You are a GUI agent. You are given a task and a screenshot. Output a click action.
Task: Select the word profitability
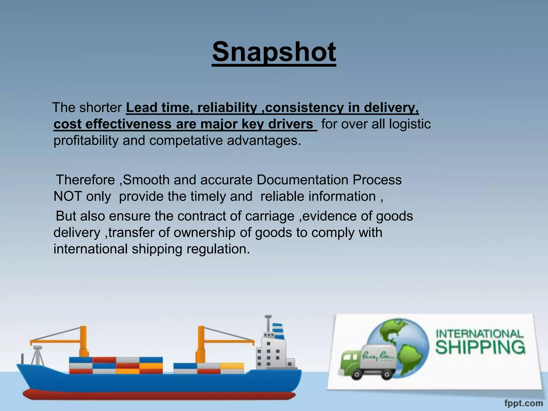86,140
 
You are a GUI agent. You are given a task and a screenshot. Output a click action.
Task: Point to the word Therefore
85,180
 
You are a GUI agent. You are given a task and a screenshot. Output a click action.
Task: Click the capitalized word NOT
67,196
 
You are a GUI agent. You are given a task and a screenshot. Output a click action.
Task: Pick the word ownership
204,232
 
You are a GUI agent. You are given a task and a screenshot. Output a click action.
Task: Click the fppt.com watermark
523,403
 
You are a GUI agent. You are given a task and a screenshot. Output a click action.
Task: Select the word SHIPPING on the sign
480,347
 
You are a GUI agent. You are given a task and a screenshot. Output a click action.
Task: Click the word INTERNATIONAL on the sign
479,334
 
